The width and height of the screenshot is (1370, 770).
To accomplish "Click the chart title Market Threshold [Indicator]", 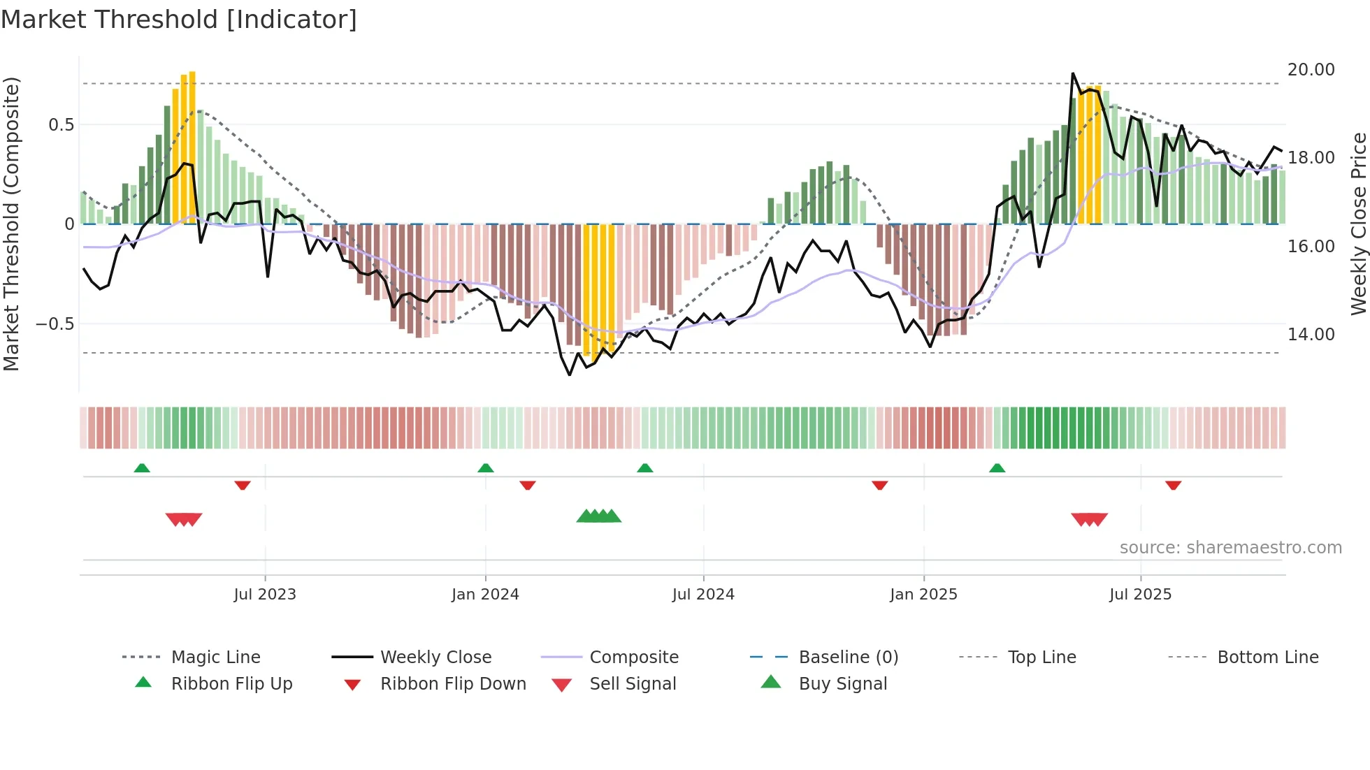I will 179,20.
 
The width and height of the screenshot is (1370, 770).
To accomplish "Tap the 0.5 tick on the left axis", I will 61,125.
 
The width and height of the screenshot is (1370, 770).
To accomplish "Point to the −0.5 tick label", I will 55,324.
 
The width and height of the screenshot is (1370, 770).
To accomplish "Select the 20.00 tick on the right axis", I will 1311,70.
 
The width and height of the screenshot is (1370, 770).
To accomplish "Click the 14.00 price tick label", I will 1311,335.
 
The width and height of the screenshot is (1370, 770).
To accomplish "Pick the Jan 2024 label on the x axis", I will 485,595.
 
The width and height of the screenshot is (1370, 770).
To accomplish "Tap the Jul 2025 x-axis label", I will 1140,595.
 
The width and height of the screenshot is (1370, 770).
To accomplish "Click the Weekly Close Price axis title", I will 1357,224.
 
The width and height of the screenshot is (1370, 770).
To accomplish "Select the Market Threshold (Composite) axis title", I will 11,224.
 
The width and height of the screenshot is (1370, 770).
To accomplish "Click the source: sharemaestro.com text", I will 1230,548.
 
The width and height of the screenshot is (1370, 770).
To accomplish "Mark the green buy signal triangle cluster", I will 599,516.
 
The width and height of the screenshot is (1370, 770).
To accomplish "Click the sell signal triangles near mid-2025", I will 1089,519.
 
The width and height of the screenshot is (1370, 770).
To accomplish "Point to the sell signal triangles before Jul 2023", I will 184,519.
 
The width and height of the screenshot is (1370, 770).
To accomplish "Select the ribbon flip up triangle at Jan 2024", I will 486,468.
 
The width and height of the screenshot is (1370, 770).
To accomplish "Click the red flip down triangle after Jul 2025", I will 1173,485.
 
